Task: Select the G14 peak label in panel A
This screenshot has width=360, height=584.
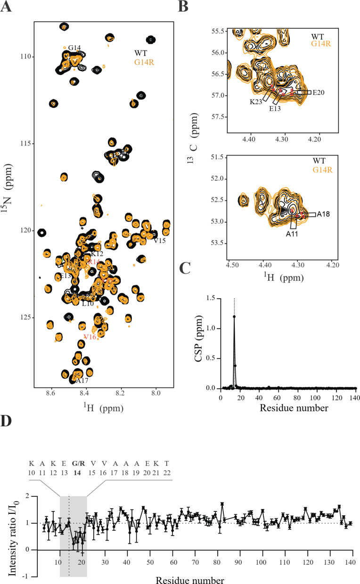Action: click(x=74, y=48)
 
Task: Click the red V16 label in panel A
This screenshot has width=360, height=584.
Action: click(x=90, y=337)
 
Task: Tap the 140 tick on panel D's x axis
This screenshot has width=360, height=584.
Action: click(x=349, y=565)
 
